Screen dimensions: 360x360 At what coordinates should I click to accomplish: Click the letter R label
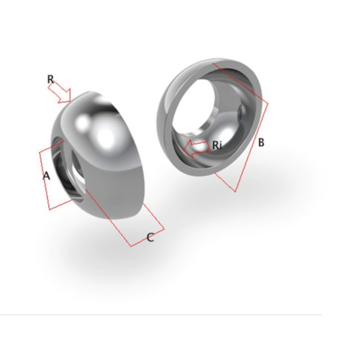click(x=51, y=79)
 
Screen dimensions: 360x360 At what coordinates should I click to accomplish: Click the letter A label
click(x=46, y=176)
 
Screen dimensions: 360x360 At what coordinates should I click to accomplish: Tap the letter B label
click(x=261, y=142)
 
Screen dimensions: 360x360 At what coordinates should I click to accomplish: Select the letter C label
click(x=150, y=237)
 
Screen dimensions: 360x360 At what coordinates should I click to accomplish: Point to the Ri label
click(x=217, y=145)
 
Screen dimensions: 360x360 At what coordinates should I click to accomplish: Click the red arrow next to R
click(x=60, y=92)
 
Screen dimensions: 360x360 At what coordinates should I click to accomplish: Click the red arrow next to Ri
click(x=196, y=149)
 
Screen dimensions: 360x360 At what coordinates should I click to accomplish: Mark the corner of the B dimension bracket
click(x=268, y=104)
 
